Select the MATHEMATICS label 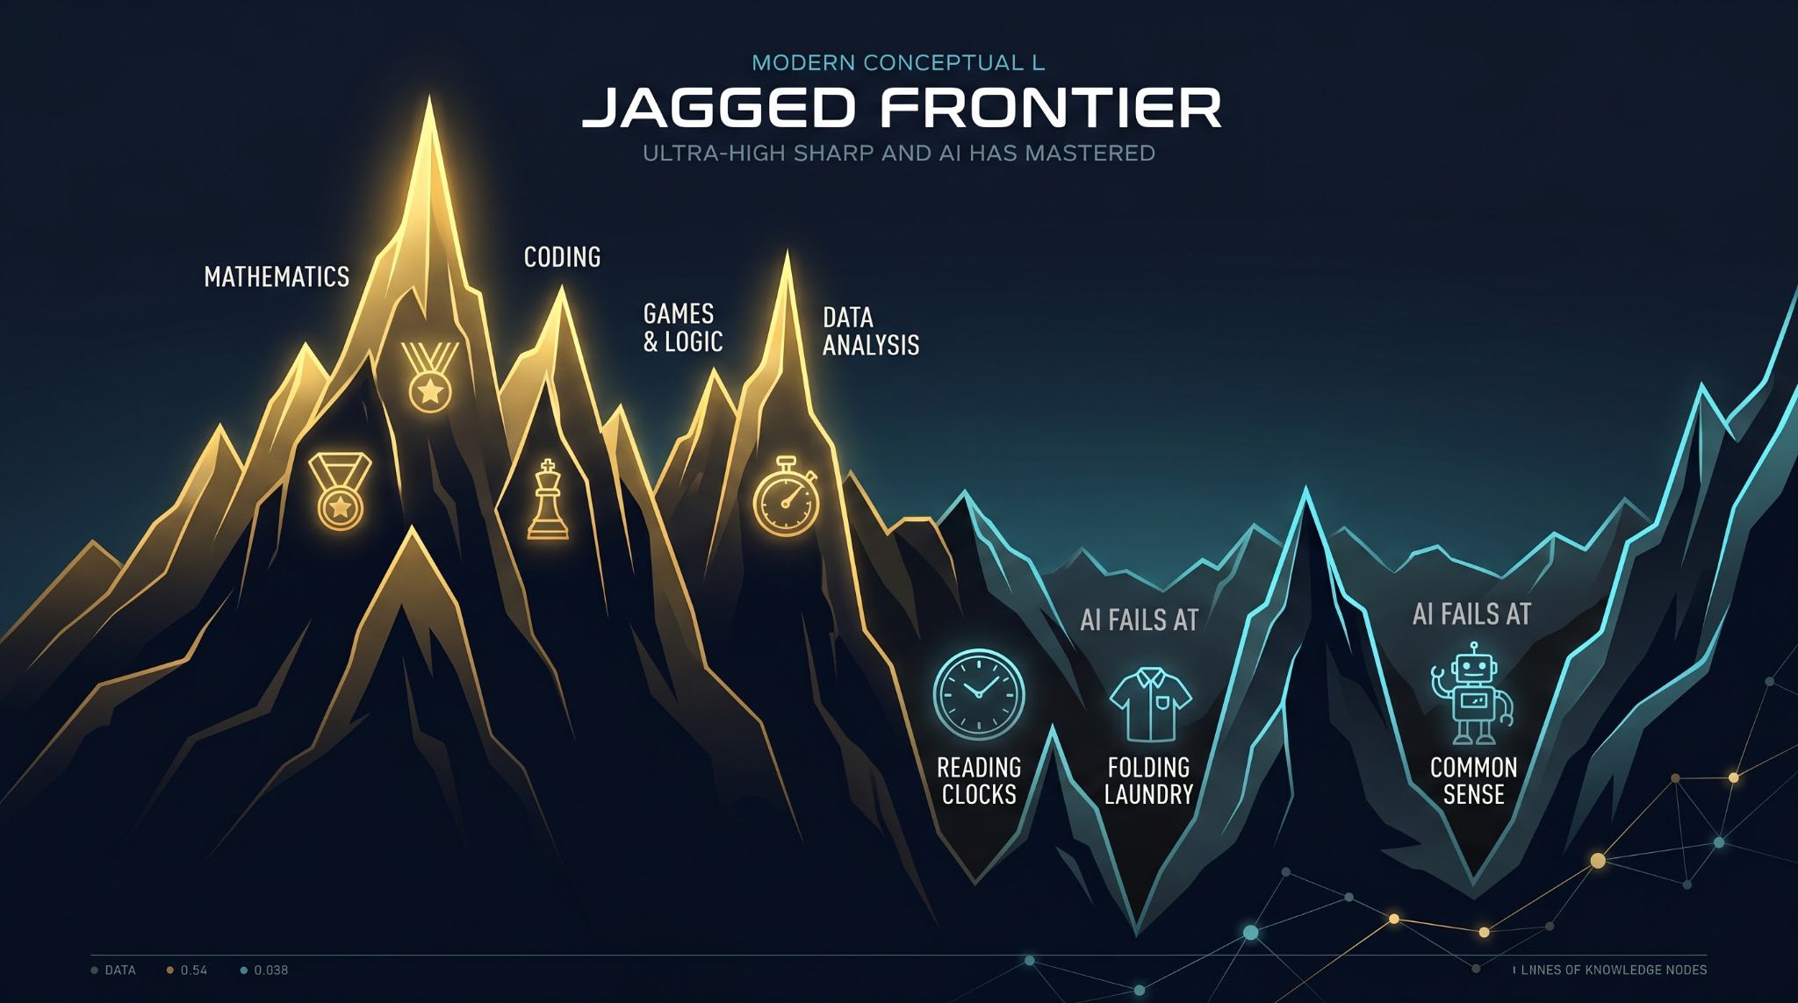pyautogui.click(x=277, y=277)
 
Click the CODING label pyautogui.click(x=562, y=257)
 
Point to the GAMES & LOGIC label pyautogui.click(x=683, y=327)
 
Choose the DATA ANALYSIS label pyautogui.click(x=870, y=331)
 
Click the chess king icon pyautogui.click(x=548, y=499)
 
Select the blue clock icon pyautogui.click(x=978, y=692)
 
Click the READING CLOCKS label pyautogui.click(x=979, y=781)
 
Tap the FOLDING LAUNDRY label pyautogui.click(x=1148, y=781)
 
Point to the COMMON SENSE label pyautogui.click(x=1473, y=781)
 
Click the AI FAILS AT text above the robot pyautogui.click(x=1471, y=614)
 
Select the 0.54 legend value pyautogui.click(x=193, y=971)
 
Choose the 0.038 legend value pyautogui.click(x=271, y=971)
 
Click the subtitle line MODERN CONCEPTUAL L pyautogui.click(x=899, y=63)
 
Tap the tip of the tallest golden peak pyautogui.click(x=429, y=96)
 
